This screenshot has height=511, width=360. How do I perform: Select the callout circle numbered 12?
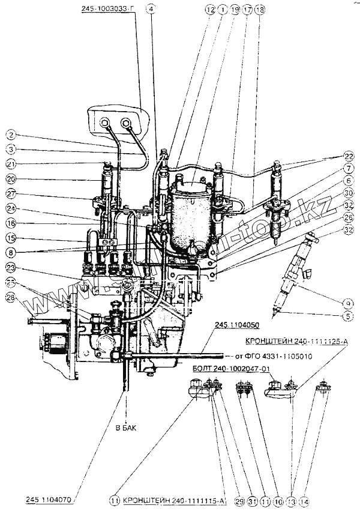[209, 10]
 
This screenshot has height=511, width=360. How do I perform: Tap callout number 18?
[259, 10]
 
